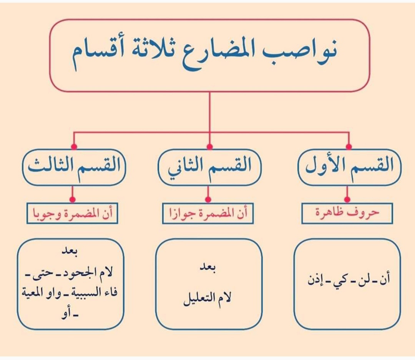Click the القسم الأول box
pyautogui.click(x=349, y=167)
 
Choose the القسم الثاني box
pyautogui.click(x=209, y=167)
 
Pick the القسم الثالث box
pyautogui.click(x=74, y=167)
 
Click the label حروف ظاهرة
pyautogui.click(x=347, y=213)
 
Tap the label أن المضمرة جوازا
pyautogui.click(x=208, y=213)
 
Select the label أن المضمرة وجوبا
pyautogui.click(x=72, y=213)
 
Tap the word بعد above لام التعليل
pyautogui.click(x=208, y=268)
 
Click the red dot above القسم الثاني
pyautogui.click(x=210, y=147)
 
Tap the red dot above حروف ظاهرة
pyautogui.click(x=347, y=200)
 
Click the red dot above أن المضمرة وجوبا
pyautogui.click(x=72, y=200)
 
